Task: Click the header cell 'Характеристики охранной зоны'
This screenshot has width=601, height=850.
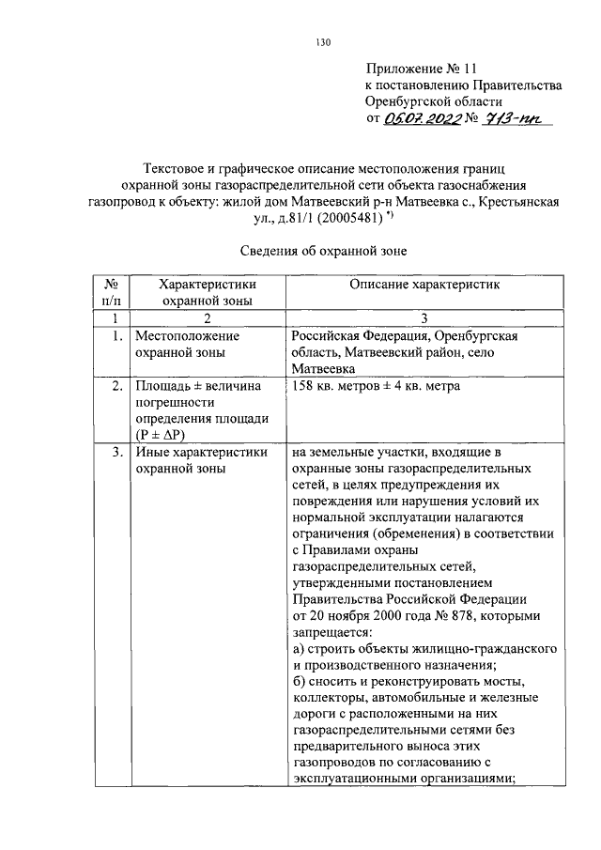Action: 208,292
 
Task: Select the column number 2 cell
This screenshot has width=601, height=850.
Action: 208,318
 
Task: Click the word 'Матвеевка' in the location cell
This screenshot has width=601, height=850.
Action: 323,369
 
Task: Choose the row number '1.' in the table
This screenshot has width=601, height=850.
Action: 114,335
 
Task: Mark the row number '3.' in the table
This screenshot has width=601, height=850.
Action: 114,454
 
